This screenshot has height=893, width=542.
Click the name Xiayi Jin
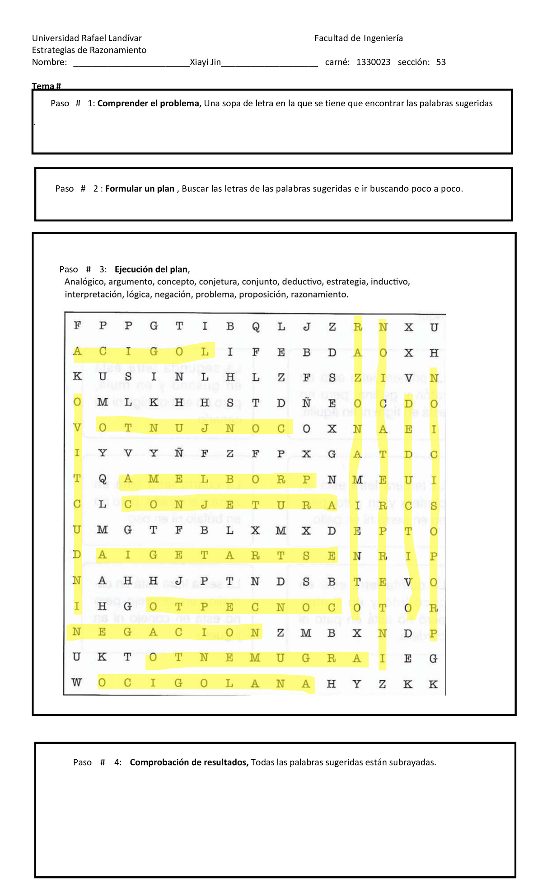click(205, 62)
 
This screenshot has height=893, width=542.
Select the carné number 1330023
click(373, 62)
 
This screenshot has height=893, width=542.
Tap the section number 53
click(441, 62)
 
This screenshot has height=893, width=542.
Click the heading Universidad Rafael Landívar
click(87, 38)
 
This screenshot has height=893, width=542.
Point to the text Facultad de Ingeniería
click(358, 38)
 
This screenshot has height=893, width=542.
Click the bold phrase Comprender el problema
click(148, 103)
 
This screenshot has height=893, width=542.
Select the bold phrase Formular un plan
click(140, 189)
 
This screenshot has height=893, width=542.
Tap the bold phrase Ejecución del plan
click(151, 270)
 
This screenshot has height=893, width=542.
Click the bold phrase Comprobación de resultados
click(189, 762)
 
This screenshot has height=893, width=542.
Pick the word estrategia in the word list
click(347, 282)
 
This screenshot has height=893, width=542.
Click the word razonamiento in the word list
click(319, 295)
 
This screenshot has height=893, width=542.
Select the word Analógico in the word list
click(85, 282)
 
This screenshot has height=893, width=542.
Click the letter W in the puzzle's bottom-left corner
click(77, 682)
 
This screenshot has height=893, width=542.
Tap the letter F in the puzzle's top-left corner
click(77, 326)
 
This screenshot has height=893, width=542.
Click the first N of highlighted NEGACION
click(76, 632)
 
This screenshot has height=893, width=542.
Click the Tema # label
click(46, 86)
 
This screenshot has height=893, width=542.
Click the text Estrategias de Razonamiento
click(89, 50)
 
